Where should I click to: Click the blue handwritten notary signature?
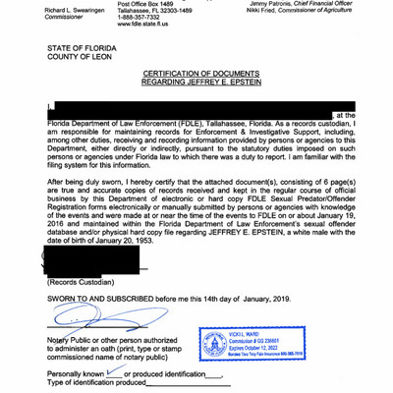click(88, 318)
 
